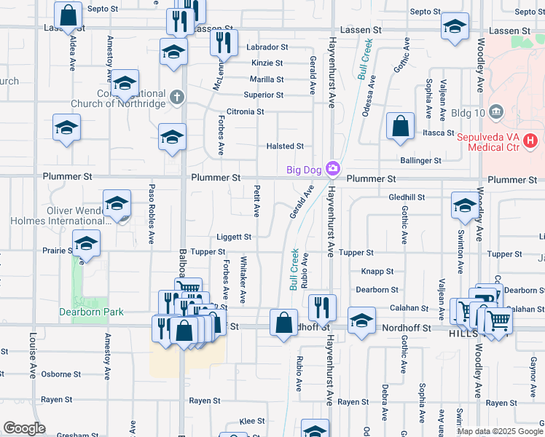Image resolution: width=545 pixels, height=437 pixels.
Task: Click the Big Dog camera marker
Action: (333, 169)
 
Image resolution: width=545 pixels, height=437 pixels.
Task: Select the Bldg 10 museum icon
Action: (496, 111)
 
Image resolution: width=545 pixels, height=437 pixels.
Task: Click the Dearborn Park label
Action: (91, 312)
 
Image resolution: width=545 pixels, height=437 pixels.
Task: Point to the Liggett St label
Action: (233, 237)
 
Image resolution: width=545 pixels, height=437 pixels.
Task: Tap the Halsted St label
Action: (284, 146)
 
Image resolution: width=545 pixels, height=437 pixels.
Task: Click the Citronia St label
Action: (245, 111)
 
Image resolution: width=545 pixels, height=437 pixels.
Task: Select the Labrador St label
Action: (267, 47)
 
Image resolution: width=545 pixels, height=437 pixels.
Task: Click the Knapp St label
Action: (377, 271)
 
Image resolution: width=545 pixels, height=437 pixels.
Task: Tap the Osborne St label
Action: (61, 374)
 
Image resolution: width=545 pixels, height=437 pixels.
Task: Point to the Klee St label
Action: (252, 421)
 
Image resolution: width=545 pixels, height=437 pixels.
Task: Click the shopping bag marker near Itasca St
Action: (400, 125)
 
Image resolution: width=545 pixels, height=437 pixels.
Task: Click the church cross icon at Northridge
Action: (176, 95)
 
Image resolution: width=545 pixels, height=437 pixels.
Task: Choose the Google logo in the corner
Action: (25, 428)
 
